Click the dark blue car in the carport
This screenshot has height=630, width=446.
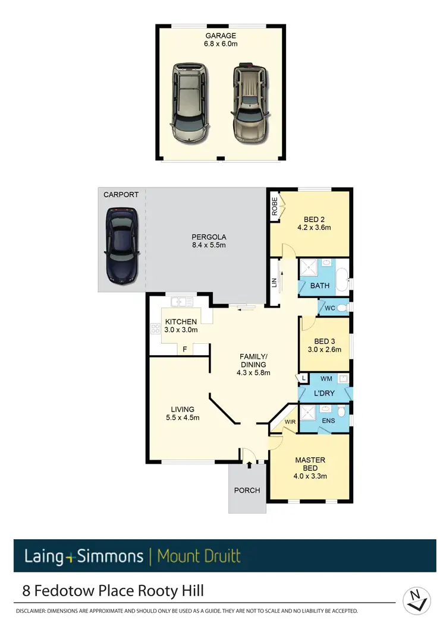[123, 245]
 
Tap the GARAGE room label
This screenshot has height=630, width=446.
[220, 36]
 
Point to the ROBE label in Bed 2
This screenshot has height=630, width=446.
[275, 205]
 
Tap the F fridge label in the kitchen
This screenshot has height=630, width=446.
[185, 349]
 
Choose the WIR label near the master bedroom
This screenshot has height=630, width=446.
[291, 422]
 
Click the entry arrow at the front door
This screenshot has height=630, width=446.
[249, 464]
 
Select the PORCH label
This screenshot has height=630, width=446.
[247, 490]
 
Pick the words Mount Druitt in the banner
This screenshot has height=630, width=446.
[199, 556]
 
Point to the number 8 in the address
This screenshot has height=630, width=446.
[27, 591]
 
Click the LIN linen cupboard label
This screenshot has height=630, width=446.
[274, 283]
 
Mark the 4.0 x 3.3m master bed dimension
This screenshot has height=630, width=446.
[310, 475]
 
